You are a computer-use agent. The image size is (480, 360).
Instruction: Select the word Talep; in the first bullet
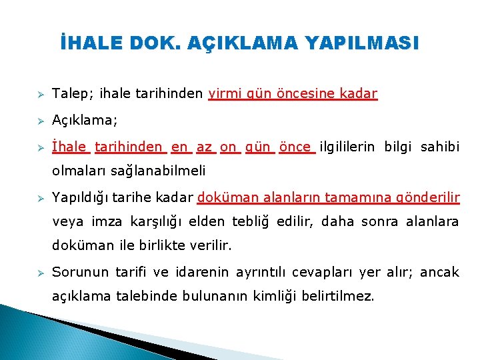(x=69, y=94)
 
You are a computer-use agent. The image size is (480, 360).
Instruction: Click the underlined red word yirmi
(x=224, y=94)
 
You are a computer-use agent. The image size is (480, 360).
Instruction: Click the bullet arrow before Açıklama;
(x=40, y=121)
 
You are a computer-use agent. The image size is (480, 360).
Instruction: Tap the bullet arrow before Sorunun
(x=40, y=273)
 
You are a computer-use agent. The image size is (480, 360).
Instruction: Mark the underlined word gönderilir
(x=427, y=197)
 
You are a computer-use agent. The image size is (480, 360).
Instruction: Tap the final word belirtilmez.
(x=341, y=296)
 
